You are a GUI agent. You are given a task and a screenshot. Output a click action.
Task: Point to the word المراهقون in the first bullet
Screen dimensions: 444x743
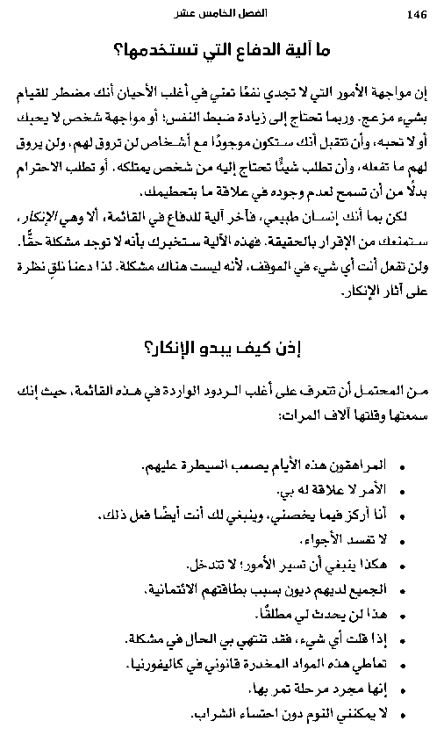354,462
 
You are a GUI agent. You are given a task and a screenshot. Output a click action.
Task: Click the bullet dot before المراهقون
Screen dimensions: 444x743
402,464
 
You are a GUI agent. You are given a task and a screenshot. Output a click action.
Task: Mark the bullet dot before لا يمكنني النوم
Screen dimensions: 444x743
402,715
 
